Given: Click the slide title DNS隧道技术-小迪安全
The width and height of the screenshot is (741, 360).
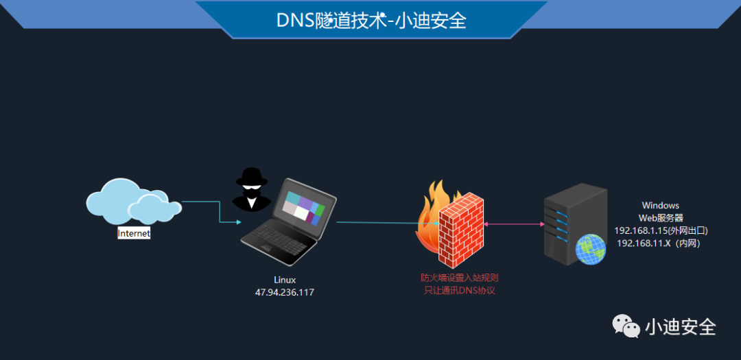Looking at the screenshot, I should click(371, 21).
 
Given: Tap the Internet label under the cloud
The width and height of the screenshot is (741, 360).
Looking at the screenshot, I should click(134, 233).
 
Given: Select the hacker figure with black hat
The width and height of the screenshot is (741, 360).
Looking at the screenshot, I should click(251, 189).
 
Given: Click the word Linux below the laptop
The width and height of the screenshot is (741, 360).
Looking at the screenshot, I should click(285, 280).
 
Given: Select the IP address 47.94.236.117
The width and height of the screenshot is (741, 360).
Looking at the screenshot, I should click(285, 292).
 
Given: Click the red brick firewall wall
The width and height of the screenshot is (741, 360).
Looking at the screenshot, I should click(461, 230).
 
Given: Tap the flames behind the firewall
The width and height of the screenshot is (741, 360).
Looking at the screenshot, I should click(429, 206).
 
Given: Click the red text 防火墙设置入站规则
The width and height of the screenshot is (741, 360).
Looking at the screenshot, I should click(459, 278).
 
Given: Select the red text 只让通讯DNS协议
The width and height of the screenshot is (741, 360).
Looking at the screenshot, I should click(459, 291).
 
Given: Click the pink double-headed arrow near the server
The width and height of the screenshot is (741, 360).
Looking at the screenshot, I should click(513, 224).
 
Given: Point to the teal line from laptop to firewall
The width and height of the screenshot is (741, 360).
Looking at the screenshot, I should click(384, 223).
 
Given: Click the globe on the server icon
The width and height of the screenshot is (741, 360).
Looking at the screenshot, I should click(591, 250).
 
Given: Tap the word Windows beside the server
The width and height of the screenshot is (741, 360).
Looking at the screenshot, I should click(660, 205).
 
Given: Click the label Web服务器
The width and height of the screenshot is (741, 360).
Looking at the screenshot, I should click(660, 217).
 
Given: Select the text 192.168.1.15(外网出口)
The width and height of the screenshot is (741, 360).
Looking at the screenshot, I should click(660, 230).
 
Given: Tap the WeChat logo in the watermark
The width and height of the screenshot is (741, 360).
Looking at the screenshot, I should click(626, 326).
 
